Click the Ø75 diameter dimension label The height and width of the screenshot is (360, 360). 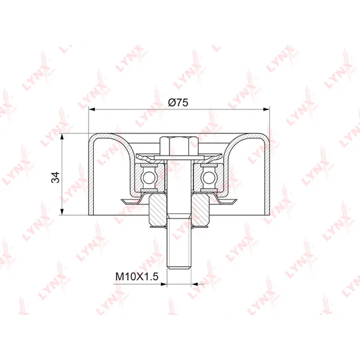[178, 102]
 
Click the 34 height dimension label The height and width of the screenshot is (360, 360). [55, 177]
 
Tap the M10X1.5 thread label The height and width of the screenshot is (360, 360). [137, 276]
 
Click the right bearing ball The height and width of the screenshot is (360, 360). [209, 177]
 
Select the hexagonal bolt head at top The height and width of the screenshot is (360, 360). [179, 145]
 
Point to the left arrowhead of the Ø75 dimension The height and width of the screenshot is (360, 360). [91, 109]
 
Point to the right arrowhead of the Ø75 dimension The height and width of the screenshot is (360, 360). [267, 109]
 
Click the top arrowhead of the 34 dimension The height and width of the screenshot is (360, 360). [62, 136]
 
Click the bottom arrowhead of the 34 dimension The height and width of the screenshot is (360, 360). [62, 212]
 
